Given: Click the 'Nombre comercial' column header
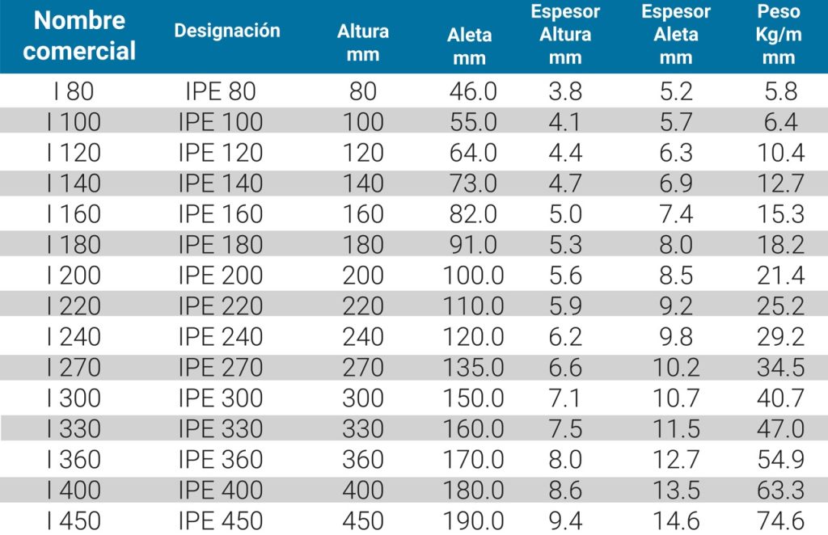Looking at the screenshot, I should tap(78, 36).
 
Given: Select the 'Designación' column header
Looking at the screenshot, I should tap(227, 32).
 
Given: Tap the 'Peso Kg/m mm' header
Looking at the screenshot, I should tap(779, 35).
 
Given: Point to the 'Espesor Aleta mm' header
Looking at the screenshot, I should tap(675, 35).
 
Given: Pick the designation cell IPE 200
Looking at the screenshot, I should tap(220, 276).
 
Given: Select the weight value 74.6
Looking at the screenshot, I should tap(781, 521).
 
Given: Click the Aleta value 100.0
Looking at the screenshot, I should tap(473, 276).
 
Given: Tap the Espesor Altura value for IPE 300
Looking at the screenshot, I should tap(565, 398).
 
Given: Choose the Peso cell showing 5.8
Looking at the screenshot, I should tap(781, 91).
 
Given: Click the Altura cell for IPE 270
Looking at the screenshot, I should tap(363, 368).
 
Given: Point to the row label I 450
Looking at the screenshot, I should tap(74, 521).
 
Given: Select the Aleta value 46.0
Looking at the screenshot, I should tap(473, 91).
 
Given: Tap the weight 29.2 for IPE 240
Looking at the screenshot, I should tap(781, 337).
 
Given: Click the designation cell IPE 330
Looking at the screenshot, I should tap(220, 429).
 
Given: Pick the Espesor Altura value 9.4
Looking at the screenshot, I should tap(565, 521).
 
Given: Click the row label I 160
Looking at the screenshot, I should tap(74, 214).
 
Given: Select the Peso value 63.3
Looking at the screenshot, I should tap(781, 491).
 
